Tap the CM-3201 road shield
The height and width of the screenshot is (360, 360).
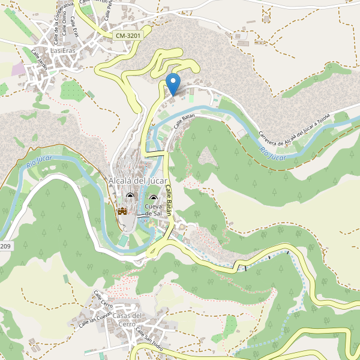point(128,36)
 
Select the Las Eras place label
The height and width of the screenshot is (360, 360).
point(63,51)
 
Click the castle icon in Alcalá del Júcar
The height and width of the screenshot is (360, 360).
point(122,211)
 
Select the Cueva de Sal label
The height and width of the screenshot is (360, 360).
point(154,210)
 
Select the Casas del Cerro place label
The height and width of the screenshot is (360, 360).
point(127,320)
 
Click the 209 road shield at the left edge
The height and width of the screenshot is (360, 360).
point(4,247)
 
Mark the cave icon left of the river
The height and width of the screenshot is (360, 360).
point(131,196)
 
